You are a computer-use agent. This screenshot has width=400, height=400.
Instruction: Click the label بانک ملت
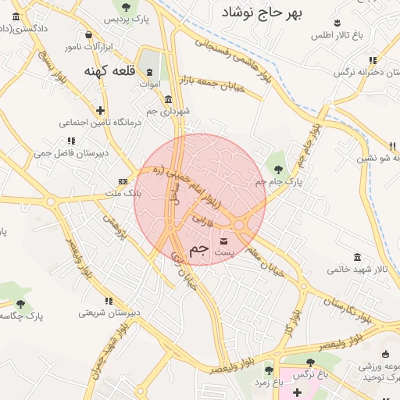(122, 191)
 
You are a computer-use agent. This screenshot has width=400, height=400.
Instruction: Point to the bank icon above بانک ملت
(123, 181)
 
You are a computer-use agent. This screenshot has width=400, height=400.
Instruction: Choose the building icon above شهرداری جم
(170, 98)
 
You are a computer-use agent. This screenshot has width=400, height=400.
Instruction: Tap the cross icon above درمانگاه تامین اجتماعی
(99, 110)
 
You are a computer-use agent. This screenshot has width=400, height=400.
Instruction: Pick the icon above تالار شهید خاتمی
(357, 258)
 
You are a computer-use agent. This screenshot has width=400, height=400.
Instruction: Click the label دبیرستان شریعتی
(109, 312)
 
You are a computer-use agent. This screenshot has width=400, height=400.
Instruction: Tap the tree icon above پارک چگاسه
(20, 304)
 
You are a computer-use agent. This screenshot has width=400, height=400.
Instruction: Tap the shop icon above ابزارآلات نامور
(87, 35)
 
